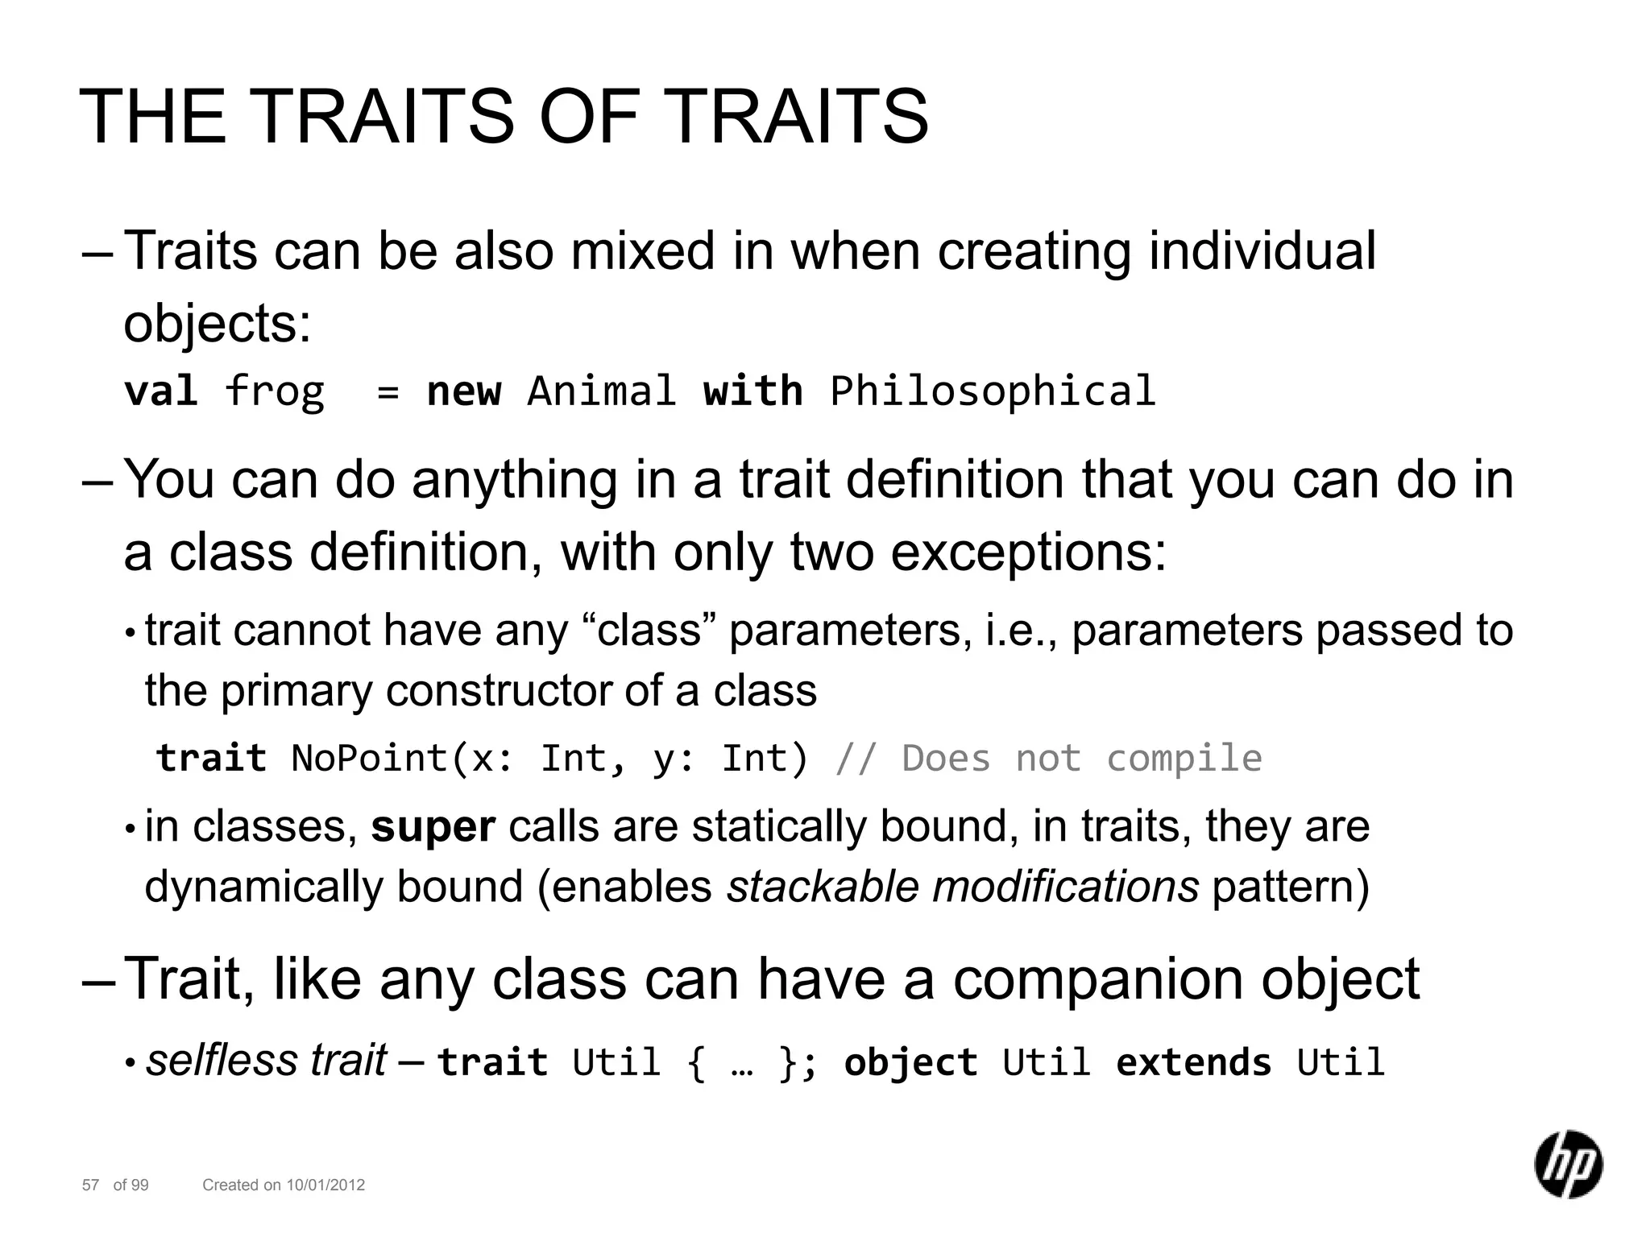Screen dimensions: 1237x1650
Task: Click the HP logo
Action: (1567, 1164)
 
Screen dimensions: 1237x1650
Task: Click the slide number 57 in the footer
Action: (90, 1185)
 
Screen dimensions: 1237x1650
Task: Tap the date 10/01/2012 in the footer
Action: (325, 1185)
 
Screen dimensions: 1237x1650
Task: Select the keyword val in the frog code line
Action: (160, 391)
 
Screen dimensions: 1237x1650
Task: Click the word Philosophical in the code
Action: (993, 391)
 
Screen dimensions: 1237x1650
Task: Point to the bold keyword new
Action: (463, 391)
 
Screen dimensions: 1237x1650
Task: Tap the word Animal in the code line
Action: (601, 391)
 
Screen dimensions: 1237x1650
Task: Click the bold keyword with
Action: (752, 391)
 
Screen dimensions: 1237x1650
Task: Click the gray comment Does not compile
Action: (1081, 758)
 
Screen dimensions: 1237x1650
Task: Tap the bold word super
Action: (433, 827)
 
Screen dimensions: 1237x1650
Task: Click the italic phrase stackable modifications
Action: (962, 887)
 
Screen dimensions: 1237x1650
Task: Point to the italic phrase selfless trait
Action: (266, 1060)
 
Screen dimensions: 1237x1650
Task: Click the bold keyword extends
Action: (1193, 1061)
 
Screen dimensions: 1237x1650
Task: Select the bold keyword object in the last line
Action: (910, 1061)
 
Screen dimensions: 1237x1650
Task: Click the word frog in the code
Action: (274, 391)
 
